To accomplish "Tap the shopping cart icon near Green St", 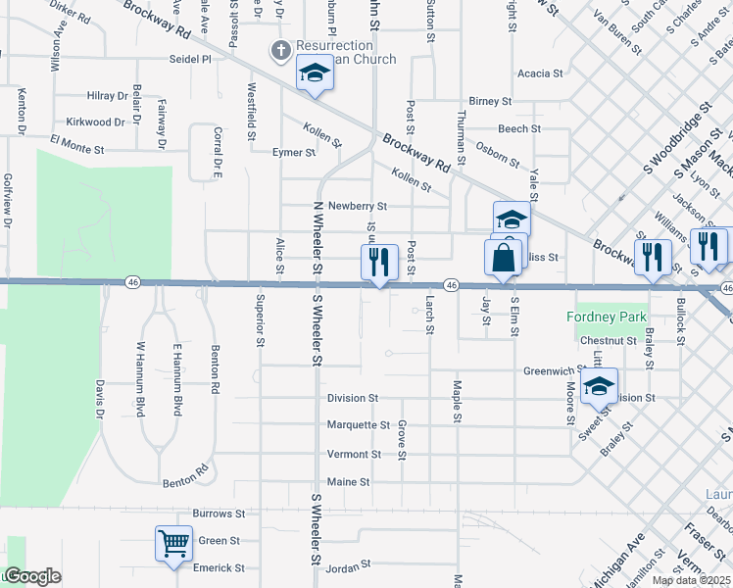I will pyautogui.click(x=173, y=542).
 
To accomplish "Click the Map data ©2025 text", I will pyautogui.click(x=692, y=580).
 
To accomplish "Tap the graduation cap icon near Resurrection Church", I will pyautogui.click(x=315, y=73).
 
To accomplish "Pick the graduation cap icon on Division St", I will pyautogui.click(x=598, y=387).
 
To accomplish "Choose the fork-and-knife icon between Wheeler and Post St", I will pyautogui.click(x=379, y=262).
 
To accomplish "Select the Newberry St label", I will pyautogui.click(x=358, y=207).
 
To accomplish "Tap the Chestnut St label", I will pyautogui.click(x=608, y=341).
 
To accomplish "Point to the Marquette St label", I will pyautogui.click(x=359, y=425).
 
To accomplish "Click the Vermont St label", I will pyautogui.click(x=354, y=455).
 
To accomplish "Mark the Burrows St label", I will pyautogui.click(x=218, y=514).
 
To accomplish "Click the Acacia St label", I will pyautogui.click(x=540, y=73).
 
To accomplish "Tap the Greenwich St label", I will pyautogui.click(x=554, y=371).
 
